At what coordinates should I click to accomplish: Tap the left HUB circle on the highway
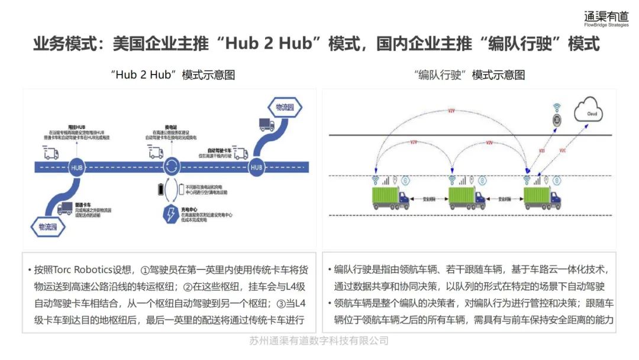coord(78,168)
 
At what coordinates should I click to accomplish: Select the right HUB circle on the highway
coord(256,168)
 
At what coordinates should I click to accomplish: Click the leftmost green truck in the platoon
coord(390,198)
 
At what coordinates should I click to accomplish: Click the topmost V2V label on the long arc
coord(451,111)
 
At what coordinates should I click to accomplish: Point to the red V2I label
coord(541,151)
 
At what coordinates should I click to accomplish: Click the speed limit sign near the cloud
coord(556,120)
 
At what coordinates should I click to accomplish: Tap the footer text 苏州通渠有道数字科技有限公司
coord(319,340)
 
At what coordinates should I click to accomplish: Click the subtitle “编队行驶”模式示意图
coord(469,75)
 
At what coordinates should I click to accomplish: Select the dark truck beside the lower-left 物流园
coord(66,208)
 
